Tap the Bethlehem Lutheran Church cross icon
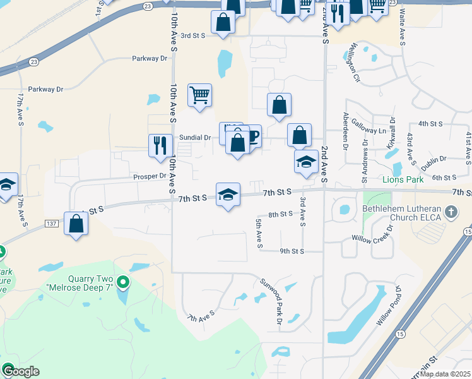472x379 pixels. (x=451, y=212)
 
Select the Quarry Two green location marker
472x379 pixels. (x=124, y=282)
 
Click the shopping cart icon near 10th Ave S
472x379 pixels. (x=199, y=95)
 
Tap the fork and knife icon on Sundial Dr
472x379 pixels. (x=160, y=145)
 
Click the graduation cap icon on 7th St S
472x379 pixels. (x=228, y=195)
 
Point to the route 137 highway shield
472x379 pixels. (x=53, y=224)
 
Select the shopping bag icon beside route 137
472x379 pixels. (x=76, y=224)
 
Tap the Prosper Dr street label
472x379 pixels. (x=149, y=177)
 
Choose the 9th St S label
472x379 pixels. (x=292, y=251)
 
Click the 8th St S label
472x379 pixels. (x=281, y=214)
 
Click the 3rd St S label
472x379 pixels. (x=193, y=36)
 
